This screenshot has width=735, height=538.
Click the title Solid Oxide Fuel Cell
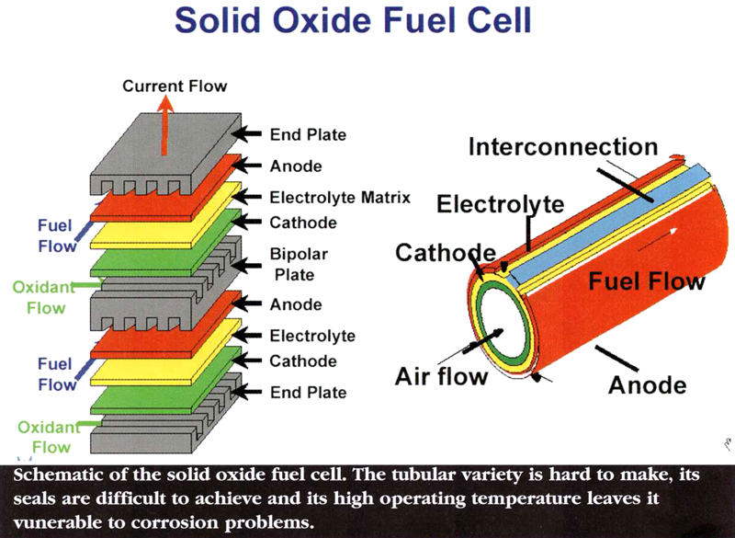[x=353, y=19]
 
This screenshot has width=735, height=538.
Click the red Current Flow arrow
[x=164, y=125]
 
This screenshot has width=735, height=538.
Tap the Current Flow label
[x=175, y=86]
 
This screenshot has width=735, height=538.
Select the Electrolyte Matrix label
[x=340, y=198]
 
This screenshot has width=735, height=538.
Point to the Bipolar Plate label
[x=299, y=264]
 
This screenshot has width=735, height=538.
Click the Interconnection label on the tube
[x=563, y=147]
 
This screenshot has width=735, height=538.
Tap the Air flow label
[x=442, y=376]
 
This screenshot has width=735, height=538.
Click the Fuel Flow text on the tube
[x=647, y=281]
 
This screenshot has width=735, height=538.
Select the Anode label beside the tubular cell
[x=648, y=385]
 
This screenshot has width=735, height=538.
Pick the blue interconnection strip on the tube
[x=609, y=220]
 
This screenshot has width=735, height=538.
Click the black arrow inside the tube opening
[x=483, y=341]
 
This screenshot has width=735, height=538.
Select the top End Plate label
[x=308, y=134]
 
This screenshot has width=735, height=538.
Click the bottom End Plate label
[x=308, y=392]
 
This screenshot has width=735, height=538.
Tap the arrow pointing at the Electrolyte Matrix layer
[x=247, y=197]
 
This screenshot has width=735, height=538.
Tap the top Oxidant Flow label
[x=44, y=297]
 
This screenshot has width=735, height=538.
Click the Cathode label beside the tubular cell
[x=446, y=253]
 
